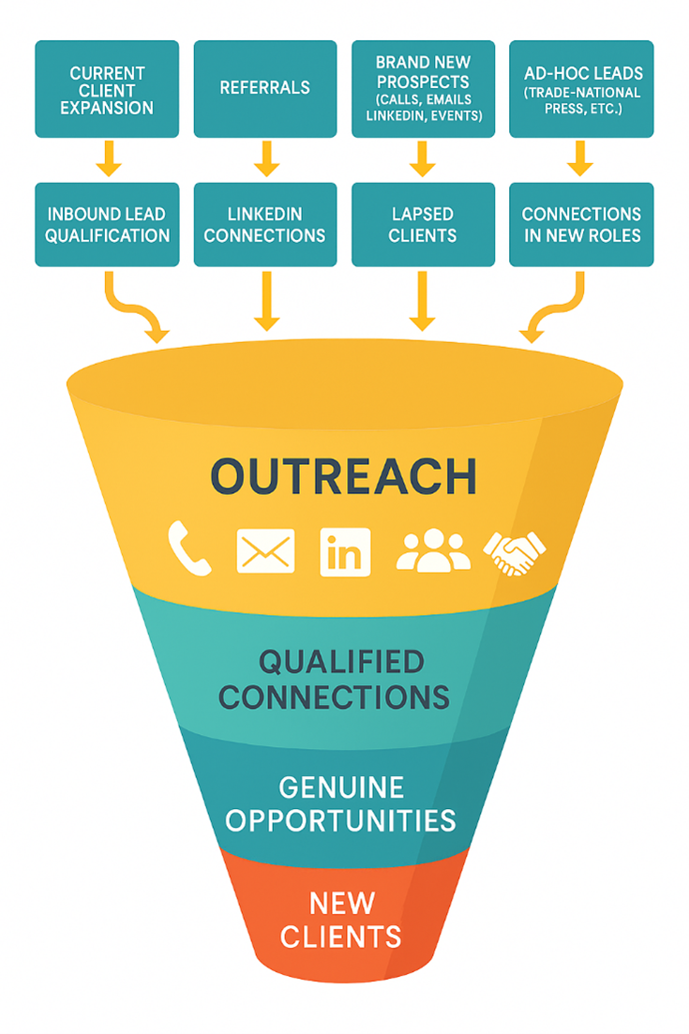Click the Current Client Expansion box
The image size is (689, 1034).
pos(106,89)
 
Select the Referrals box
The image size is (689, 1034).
pos(265,89)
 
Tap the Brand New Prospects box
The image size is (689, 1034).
pos(423,89)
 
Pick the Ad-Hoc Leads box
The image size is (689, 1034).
pos(581,89)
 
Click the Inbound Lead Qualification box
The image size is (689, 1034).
pos(106,224)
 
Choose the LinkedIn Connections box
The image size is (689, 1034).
pos(265,224)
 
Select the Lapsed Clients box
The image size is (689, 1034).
pos(423,224)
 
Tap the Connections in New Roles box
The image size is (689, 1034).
pos(581,224)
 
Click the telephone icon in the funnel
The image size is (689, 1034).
pos(188,548)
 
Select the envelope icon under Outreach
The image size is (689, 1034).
pos(265,550)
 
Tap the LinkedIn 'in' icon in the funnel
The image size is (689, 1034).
pos(345,550)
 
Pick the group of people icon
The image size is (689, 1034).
pos(432,550)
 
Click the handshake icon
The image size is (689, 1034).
pos(514,552)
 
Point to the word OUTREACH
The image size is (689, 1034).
pos(343,476)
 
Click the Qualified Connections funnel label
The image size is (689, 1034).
pos(341,680)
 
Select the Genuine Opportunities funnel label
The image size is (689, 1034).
pos(341,803)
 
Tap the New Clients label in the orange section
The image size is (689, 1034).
pos(341,920)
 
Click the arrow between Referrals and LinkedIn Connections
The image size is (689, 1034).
pos(266,157)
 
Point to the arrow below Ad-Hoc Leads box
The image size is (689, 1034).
pos(580,157)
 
